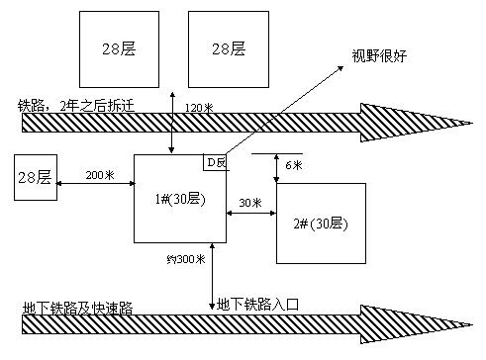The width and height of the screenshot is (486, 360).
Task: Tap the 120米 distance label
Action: (x=200, y=106)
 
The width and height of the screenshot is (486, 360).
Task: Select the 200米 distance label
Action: (x=100, y=174)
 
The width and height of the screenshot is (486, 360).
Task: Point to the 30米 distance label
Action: (x=251, y=203)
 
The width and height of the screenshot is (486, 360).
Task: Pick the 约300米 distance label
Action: (x=186, y=260)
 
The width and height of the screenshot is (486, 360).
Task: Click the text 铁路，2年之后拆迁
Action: (x=63, y=104)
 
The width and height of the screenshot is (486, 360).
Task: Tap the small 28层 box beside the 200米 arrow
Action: (x=33, y=179)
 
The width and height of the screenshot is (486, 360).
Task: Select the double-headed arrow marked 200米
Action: (x=94, y=184)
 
